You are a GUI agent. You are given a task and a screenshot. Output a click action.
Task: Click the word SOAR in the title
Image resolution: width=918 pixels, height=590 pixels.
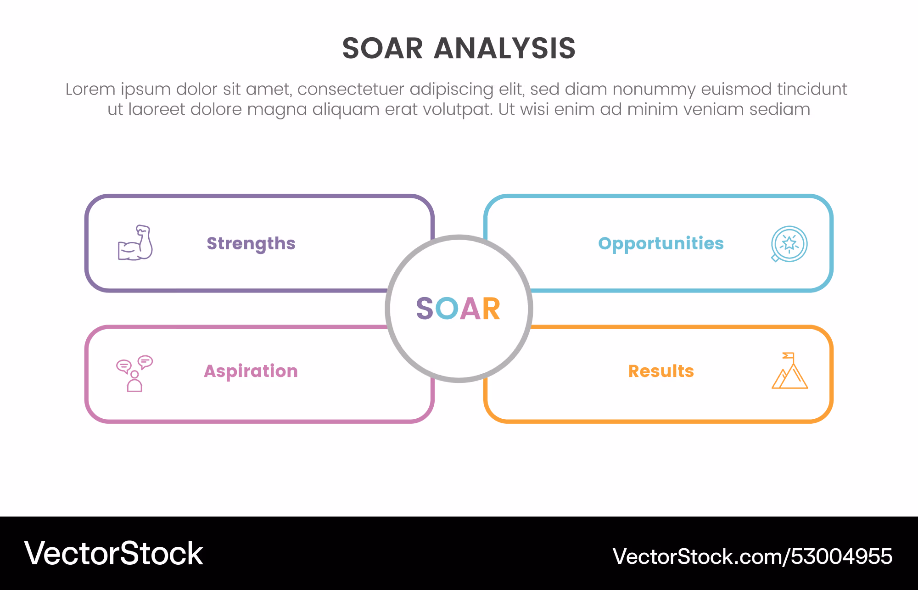tap(382, 48)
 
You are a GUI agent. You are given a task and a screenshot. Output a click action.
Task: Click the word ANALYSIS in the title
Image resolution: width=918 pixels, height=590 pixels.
tap(504, 48)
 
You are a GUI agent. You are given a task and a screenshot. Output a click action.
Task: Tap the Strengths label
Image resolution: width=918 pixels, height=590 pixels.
tap(251, 244)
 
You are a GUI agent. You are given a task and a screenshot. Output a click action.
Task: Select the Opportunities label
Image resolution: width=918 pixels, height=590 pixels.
tap(661, 244)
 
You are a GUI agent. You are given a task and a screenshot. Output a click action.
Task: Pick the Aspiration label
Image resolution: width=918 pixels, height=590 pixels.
tap(251, 371)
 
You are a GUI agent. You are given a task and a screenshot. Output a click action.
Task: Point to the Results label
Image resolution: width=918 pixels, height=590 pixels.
tap(661, 371)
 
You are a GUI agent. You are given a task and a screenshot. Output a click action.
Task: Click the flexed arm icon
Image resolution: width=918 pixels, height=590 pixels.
tap(135, 243)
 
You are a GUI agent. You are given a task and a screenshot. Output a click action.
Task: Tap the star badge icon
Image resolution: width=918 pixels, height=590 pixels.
tap(789, 244)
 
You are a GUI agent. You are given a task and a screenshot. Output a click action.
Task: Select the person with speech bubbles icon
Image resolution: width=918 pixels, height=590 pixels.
tap(134, 373)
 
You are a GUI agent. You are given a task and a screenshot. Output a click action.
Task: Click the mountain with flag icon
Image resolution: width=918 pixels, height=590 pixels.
tap(789, 371)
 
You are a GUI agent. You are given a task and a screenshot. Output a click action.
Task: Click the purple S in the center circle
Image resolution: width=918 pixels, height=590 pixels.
tap(425, 308)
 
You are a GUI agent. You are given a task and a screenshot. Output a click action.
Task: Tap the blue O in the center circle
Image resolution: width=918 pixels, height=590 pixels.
tap(447, 308)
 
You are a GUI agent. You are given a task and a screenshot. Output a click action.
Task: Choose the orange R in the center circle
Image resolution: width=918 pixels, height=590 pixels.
tap(491, 308)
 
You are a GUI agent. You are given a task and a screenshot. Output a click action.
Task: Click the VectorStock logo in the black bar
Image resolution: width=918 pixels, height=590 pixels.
tap(113, 553)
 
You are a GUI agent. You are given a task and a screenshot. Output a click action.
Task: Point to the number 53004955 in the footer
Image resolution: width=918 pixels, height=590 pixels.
tap(841, 556)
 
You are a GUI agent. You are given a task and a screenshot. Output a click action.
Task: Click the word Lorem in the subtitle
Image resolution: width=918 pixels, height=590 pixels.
tap(90, 89)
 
